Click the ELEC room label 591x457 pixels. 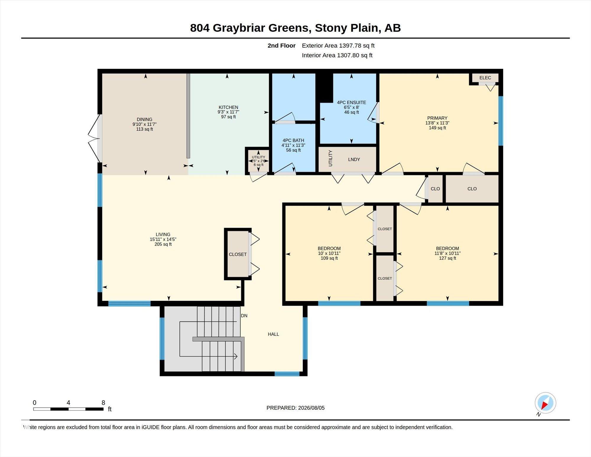(485, 78)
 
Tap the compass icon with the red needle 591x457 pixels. (545, 403)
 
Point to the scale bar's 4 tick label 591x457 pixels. (69, 403)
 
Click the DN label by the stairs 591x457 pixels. (244, 316)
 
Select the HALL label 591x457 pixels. (273, 334)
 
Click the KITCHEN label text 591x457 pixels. (228, 107)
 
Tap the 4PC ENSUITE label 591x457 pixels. (352, 103)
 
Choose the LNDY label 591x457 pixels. (354, 159)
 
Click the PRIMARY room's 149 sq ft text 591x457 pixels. (437, 128)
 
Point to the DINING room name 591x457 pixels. (144, 120)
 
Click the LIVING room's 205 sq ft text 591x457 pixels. (163, 244)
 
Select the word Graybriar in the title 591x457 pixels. (261, 28)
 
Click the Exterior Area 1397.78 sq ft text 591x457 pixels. (338, 46)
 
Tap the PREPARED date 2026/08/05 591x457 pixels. (311, 408)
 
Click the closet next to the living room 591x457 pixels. (238, 254)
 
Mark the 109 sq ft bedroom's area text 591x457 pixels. (329, 258)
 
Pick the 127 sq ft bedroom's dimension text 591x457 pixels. (448, 253)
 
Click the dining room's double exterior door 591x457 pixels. (95, 138)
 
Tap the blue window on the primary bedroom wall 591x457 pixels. (501, 121)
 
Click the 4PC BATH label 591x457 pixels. (293, 141)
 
